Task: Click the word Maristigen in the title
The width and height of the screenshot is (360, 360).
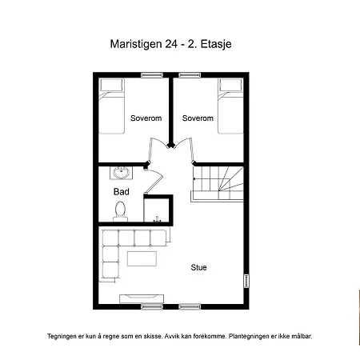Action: pyautogui.click(x=136, y=44)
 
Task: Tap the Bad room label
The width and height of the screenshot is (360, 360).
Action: pyautogui.click(x=122, y=191)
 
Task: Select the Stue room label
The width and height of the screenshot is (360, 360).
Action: pyautogui.click(x=198, y=267)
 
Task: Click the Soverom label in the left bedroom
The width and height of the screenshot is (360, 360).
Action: pyautogui.click(x=146, y=118)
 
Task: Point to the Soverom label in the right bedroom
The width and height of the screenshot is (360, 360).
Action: pyautogui.click(x=198, y=118)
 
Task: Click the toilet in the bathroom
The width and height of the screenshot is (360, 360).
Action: pyautogui.click(x=120, y=211)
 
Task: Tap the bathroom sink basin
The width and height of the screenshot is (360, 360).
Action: pyautogui.click(x=122, y=173)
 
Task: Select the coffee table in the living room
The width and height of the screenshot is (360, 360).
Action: pyautogui.click(x=142, y=258)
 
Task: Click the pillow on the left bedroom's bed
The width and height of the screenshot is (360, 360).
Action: pyautogui.click(x=111, y=85)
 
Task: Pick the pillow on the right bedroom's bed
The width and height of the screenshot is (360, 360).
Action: pyautogui.click(x=230, y=85)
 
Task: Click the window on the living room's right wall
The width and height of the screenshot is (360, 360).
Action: pyautogui.click(x=246, y=281)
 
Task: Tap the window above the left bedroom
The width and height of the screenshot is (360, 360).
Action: pyautogui.click(x=152, y=75)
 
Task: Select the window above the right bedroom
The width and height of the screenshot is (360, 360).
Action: pyautogui.click(x=190, y=75)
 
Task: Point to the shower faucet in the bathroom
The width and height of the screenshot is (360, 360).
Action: pyautogui.click(x=157, y=219)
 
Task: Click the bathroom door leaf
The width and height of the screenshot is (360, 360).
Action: pyautogui.click(x=154, y=182)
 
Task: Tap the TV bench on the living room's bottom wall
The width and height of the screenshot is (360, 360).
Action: pyautogui.click(x=142, y=298)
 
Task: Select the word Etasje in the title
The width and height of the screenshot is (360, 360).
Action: pyautogui.click(x=216, y=44)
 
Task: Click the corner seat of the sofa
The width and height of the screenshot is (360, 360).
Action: pyautogui.click(x=110, y=238)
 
